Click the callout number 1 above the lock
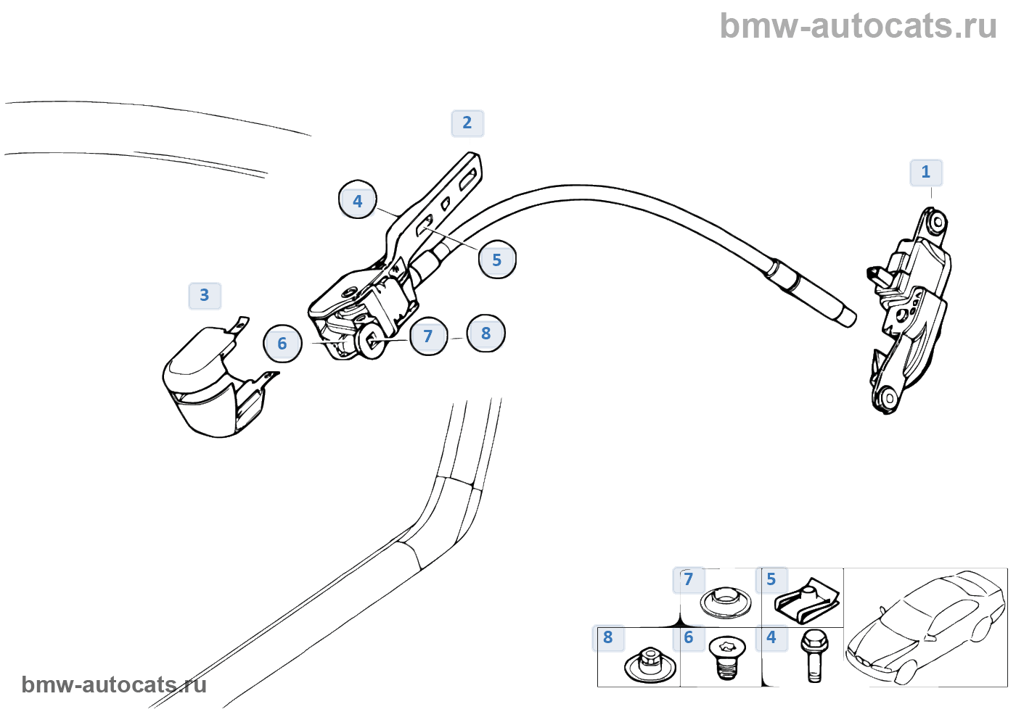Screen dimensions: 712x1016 (x=925, y=173)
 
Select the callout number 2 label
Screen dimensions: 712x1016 (x=467, y=123)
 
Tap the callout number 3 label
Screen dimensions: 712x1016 (x=204, y=296)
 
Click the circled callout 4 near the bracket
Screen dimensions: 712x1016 (x=357, y=200)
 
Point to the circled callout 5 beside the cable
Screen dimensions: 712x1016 (x=497, y=260)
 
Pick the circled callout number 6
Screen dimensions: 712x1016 (x=282, y=344)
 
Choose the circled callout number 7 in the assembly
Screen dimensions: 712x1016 (x=428, y=336)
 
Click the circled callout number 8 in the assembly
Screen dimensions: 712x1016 (x=486, y=334)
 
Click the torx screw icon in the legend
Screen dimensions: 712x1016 (x=728, y=657)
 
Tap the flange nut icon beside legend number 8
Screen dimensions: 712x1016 (x=649, y=664)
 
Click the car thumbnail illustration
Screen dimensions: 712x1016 (x=926, y=627)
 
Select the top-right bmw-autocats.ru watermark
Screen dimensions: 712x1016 (x=858, y=26)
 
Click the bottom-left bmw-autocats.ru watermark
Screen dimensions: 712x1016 (x=114, y=684)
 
